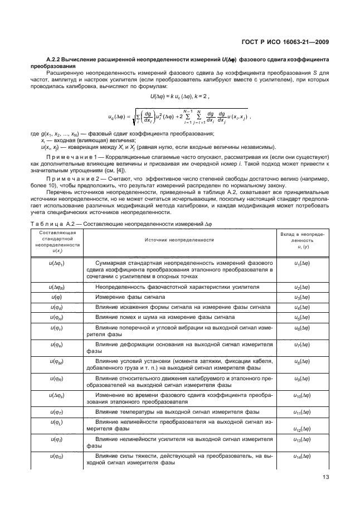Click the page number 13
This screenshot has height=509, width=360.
coord(325,476)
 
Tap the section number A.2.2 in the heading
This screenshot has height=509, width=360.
coord(54,59)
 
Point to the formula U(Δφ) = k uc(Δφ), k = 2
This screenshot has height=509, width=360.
coord(179,96)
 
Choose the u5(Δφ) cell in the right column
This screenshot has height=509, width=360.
coord(302,317)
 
